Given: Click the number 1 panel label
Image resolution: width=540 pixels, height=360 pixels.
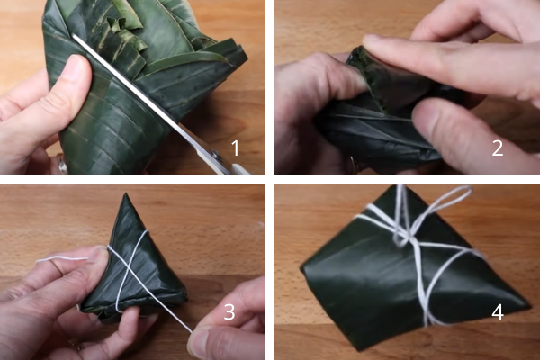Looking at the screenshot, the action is click(x=235, y=148).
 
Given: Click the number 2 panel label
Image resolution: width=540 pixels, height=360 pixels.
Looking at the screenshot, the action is click(x=498, y=148).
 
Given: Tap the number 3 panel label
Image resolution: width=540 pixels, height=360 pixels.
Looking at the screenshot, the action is click(x=229, y=311).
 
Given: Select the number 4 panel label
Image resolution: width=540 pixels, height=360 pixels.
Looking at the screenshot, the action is click(x=498, y=311).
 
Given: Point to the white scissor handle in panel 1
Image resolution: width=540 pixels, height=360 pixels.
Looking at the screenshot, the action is click(x=241, y=170).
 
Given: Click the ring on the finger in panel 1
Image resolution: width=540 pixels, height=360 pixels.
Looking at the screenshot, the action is click(x=62, y=165).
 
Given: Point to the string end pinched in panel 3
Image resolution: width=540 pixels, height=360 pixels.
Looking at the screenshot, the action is click(x=190, y=331).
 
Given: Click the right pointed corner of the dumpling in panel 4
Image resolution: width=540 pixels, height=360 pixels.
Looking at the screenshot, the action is click(x=527, y=306).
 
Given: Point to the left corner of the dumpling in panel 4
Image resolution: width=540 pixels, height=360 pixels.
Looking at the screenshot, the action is click(x=303, y=269).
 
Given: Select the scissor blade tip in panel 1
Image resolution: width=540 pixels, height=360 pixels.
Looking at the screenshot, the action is click(x=74, y=35).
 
